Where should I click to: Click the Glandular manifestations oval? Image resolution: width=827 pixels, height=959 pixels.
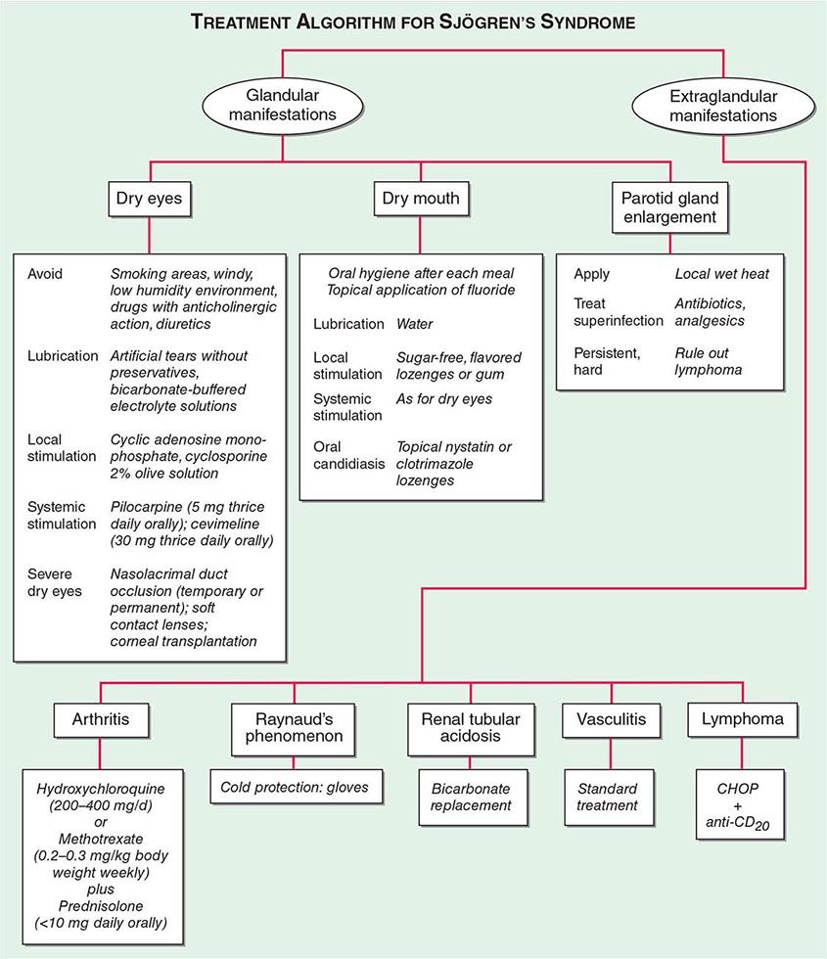click(284, 106)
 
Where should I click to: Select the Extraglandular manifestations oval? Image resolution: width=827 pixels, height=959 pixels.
click(723, 106)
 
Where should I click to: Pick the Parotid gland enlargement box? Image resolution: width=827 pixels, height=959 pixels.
click(668, 206)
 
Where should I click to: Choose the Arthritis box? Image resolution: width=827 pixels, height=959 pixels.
click(100, 722)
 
